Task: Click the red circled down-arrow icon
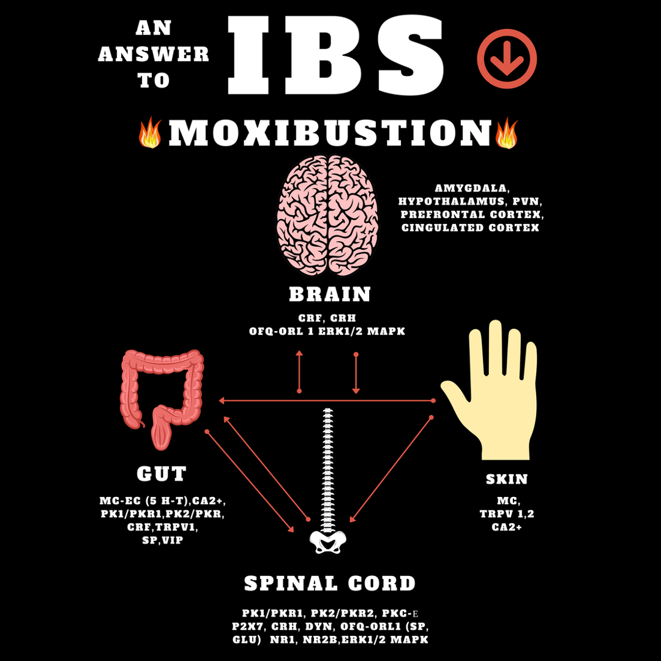(x=507, y=59)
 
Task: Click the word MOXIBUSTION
(x=330, y=133)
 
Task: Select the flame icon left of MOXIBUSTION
(x=150, y=134)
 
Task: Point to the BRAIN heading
(x=330, y=294)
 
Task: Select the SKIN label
(x=507, y=479)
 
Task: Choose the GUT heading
(x=162, y=474)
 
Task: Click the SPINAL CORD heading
(x=330, y=583)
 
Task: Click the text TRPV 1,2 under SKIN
(x=507, y=513)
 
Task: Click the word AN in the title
(x=154, y=28)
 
